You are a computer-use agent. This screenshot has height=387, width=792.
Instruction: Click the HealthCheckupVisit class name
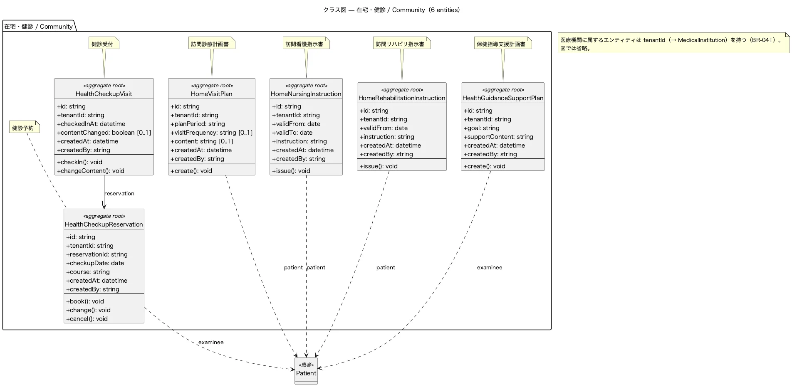click(x=104, y=94)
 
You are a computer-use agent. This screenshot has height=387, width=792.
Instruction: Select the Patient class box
click(x=306, y=371)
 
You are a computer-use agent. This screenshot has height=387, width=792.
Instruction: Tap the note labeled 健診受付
click(x=104, y=43)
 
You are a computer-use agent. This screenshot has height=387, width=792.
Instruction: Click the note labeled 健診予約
click(x=25, y=127)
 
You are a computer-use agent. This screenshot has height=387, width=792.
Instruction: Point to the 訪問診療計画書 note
click(x=212, y=43)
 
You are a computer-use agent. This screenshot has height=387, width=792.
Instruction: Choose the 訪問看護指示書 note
click(x=306, y=43)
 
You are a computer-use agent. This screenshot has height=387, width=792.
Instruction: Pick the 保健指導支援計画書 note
click(x=503, y=43)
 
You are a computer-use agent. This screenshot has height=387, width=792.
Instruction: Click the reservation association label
click(x=119, y=193)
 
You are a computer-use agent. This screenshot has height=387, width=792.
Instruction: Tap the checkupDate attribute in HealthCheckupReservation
click(x=95, y=263)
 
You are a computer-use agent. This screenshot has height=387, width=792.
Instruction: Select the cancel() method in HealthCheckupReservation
click(x=87, y=319)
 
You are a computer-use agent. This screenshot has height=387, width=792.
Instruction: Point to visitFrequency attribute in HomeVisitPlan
click(x=211, y=133)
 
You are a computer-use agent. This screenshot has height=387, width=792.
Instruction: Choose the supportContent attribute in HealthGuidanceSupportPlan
click(x=498, y=137)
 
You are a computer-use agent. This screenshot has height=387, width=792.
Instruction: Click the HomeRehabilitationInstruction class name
click(x=402, y=98)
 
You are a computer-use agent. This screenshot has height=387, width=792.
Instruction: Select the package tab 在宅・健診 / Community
click(x=39, y=26)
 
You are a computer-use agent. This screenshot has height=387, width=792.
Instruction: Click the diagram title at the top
click(x=391, y=10)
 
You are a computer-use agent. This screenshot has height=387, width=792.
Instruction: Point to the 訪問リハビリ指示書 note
click(x=402, y=43)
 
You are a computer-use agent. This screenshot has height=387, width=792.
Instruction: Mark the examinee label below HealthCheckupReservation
click(x=211, y=342)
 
